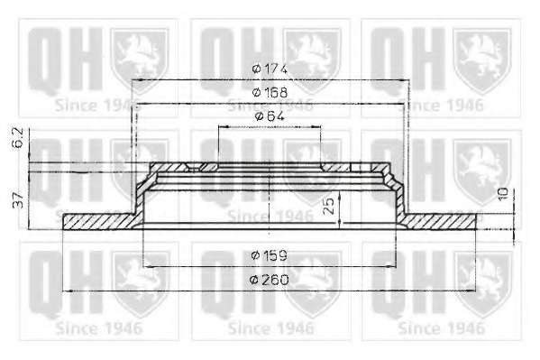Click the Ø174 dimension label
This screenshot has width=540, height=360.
tap(270, 69)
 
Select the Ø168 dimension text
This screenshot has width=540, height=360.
tap(270, 92)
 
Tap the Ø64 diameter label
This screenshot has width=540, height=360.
tap(270, 116)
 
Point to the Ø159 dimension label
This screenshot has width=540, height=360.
tap(270, 255)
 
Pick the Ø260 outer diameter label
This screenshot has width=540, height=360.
tap(270, 280)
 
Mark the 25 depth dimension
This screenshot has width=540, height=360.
tap(329, 206)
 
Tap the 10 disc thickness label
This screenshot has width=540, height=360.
tap(503, 195)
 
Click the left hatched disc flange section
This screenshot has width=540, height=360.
tap(100, 221)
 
